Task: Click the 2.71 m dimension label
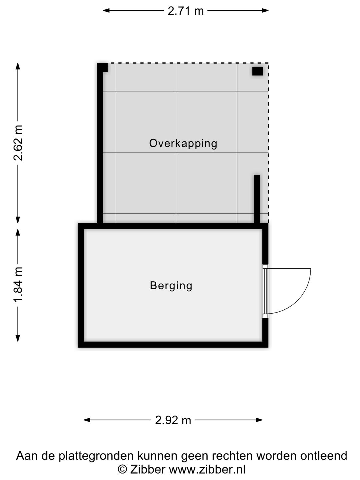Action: coord(185,11)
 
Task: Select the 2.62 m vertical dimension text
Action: coord(18,143)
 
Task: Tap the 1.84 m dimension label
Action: coord(18,285)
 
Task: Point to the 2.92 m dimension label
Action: coord(173,420)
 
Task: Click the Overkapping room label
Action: coord(183,143)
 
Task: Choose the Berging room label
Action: coord(171,286)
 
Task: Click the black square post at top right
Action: coord(257,71)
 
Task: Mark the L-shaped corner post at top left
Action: coord(102,67)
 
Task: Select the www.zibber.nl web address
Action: coord(207,469)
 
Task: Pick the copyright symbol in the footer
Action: coord(122,469)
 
